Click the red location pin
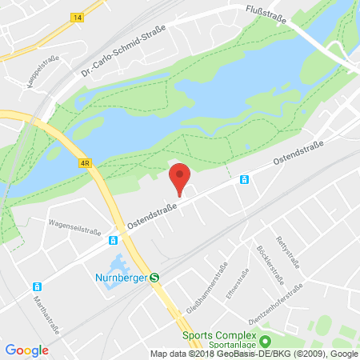(182, 177)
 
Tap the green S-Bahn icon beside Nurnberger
(154, 279)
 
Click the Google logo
(26, 350)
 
